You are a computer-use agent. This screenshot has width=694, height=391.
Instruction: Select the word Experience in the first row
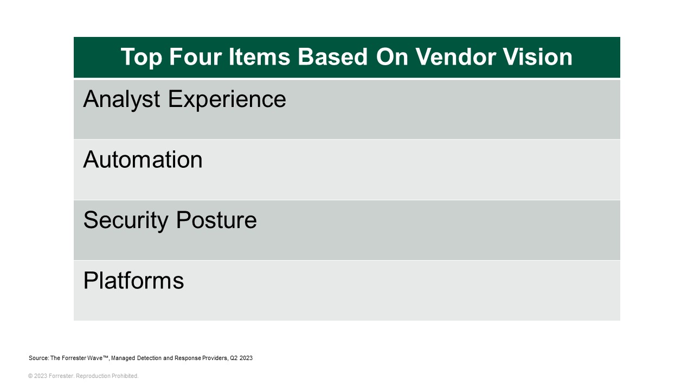coord(227,99)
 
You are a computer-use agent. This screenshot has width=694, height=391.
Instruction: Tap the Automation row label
coord(143,160)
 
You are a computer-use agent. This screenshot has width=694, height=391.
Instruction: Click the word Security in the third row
coord(125,220)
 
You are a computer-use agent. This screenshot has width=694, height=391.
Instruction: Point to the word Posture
coord(215,220)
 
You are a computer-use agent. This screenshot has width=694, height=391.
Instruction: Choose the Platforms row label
coord(133,281)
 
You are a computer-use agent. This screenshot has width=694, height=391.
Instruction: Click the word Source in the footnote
coord(38,358)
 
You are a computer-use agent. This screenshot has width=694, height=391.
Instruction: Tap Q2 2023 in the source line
coord(242,358)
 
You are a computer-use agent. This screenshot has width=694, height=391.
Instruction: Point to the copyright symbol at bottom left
coord(30,376)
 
